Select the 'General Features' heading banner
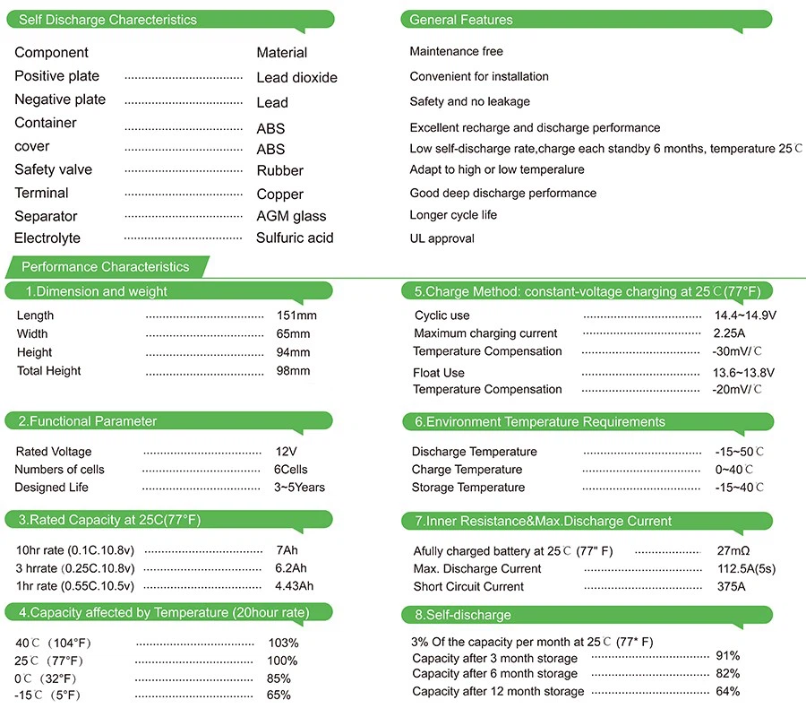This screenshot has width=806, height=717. (461, 20)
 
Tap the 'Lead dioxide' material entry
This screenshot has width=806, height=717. (296, 78)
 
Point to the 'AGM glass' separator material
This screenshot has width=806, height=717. (291, 216)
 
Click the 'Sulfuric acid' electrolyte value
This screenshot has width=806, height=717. (295, 238)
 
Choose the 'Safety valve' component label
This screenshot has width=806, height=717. (53, 169)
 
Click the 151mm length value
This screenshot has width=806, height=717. (296, 315)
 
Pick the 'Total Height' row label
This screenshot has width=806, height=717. (48, 371)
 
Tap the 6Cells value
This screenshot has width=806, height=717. (290, 470)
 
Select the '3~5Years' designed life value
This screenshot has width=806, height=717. (299, 488)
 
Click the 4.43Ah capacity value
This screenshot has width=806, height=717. (294, 586)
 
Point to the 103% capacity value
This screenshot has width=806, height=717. (283, 644)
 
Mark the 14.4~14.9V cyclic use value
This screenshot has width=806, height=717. (744, 315)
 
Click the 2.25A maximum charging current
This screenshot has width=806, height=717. (729, 333)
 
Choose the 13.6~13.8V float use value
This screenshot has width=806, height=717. (744, 372)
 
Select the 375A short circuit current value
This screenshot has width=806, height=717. (730, 587)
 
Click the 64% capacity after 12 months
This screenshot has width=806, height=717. (727, 691)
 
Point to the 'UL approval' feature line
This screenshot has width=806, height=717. (442, 238)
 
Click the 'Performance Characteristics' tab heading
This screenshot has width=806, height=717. (106, 267)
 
